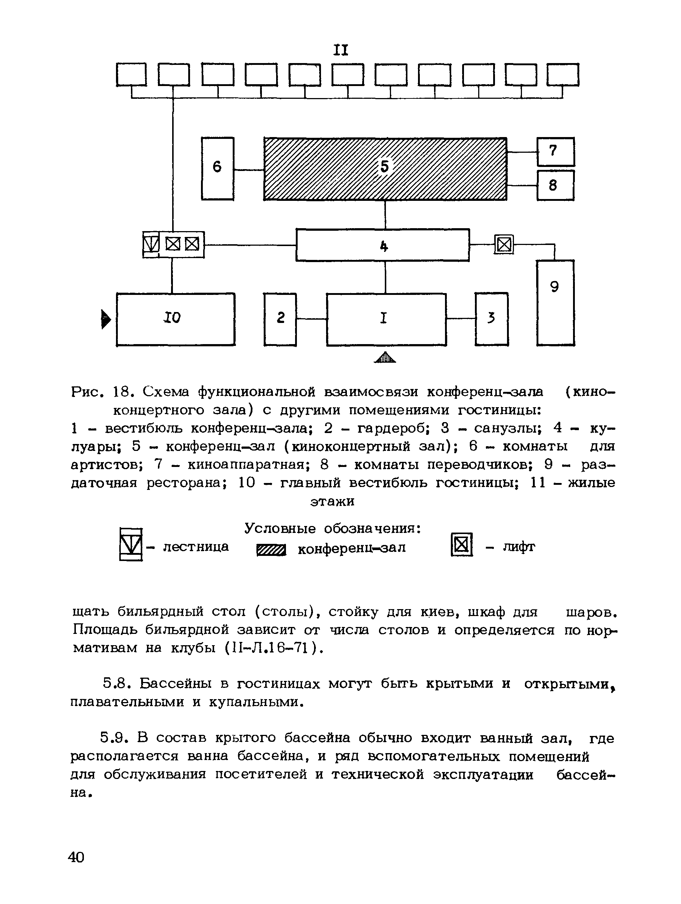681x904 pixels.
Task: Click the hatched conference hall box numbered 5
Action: click(x=385, y=168)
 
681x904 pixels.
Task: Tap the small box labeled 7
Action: click(x=555, y=152)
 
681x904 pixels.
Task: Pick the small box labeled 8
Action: click(x=555, y=185)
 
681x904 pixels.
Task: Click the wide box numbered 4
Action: click(x=382, y=245)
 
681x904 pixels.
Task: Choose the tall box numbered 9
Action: click(x=555, y=303)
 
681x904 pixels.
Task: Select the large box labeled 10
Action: click(x=175, y=319)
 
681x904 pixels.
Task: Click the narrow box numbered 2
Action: click(x=280, y=319)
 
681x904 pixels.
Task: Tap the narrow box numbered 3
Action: click(x=492, y=319)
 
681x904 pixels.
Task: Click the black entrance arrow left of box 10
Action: click(x=105, y=319)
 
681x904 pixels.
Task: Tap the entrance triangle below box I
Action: click(x=385, y=358)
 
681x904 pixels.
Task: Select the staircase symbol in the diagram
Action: click(x=151, y=244)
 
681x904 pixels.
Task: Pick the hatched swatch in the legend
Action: click(x=271, y=550)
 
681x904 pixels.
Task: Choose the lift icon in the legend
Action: click(x=461, y=545)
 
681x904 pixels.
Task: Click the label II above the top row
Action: click(x=341, y=50)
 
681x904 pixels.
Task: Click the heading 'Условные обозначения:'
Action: click(x=333, y=529)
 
